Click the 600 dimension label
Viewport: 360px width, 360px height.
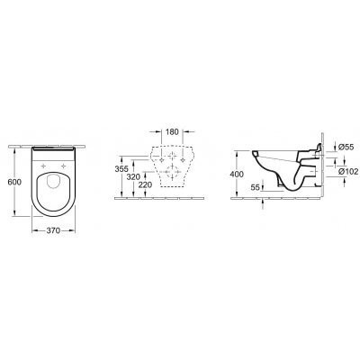coord(14,182)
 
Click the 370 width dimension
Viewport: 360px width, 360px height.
coord(53,230)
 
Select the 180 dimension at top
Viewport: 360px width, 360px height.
coord(172,131)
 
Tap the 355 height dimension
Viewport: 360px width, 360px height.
coord(121,169)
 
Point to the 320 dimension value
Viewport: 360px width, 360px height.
coord(133,177)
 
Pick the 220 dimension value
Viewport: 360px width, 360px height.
coord(145,185)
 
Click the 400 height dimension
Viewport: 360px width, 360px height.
coord(237,174)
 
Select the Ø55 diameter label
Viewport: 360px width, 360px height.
coord(346,147)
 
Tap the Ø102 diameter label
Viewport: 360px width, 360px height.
coord(348,171)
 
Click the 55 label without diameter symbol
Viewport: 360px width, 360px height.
coord(255,187)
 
